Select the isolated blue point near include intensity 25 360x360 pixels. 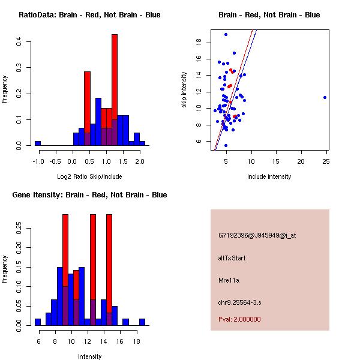click(x=325, y=97)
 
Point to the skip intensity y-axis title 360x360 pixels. click(x=184, y=90)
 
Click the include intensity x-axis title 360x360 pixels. click(x=269, y=176)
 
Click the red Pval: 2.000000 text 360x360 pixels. click(x=239, y=319)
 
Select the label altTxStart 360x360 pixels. click(x=232, y=258)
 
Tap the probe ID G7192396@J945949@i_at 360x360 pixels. click(x=257, y=235)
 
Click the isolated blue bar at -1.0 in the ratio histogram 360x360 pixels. click(x=37, y=143)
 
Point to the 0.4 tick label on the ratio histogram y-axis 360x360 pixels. click(x=19, y=42)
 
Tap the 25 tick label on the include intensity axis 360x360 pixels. click(x=325, y=161)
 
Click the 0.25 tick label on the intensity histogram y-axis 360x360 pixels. click(x=19, y=228)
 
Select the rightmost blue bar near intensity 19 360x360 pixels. click(x=142, y=322)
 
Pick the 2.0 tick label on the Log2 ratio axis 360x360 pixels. click(x=139, y=161)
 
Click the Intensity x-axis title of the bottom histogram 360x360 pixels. click(x=89, y=356)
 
